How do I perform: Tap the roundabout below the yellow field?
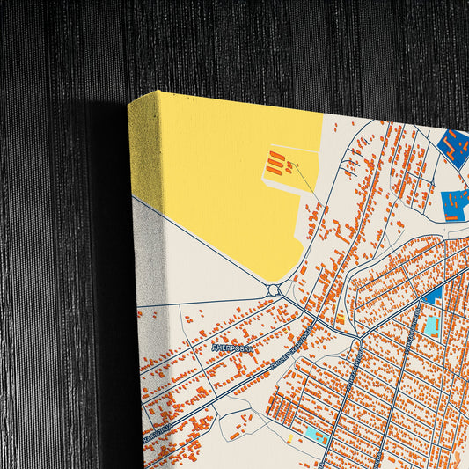273,290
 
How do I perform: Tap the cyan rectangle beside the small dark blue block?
431,327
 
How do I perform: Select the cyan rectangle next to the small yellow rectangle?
314,436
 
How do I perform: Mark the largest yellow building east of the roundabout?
341,317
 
